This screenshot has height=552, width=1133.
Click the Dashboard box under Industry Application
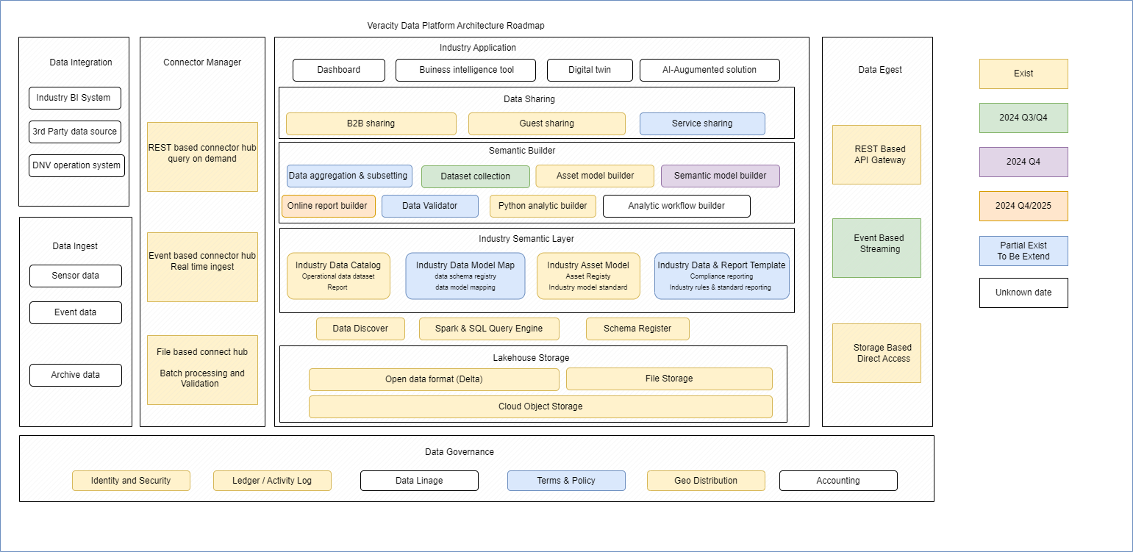(x=338, y=70)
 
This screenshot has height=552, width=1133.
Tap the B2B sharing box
(x=371, y=123)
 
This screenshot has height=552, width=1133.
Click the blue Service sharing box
(x=701, y=123)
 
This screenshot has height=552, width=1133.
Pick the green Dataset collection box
(x=475, y=176)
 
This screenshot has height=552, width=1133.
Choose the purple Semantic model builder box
(x=720, y=176)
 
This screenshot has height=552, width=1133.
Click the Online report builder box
(x=328, y=206)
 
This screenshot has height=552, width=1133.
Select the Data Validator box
(x=429, y=206)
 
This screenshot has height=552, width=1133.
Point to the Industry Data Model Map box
(x=465, y=276)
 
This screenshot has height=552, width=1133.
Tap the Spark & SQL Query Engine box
(x=488, y=329)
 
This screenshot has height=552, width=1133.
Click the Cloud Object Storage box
(x=540, y=406)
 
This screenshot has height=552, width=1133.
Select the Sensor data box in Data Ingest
(x=75, y=276)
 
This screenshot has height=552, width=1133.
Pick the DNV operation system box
(x=76, y=165)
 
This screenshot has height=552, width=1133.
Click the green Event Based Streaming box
(x=876, y=248)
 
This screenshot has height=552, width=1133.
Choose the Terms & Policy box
(x=565, y=481)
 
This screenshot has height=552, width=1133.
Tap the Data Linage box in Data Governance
(x=418, y=481)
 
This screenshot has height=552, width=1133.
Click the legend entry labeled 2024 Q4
(x=1023, y=162)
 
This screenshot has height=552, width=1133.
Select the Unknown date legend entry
(x=1023, y=293)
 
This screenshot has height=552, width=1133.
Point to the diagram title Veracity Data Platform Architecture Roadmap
(x=456, y=26)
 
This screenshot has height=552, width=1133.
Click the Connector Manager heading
(x=202, y=62)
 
